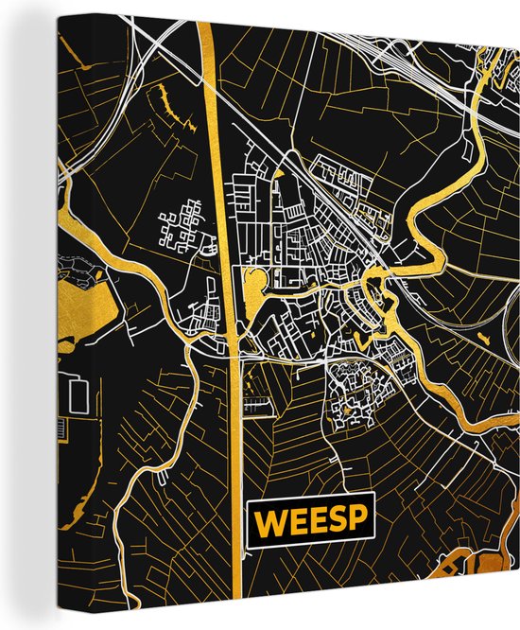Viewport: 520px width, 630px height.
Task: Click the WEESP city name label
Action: click(310, 521)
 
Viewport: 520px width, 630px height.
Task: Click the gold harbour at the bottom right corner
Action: click(482, 586)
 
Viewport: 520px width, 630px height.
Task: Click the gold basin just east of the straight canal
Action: click(253, 283)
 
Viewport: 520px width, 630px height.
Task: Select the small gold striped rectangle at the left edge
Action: click(61, 430)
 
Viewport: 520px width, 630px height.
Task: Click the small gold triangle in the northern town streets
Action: click(281, 173)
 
